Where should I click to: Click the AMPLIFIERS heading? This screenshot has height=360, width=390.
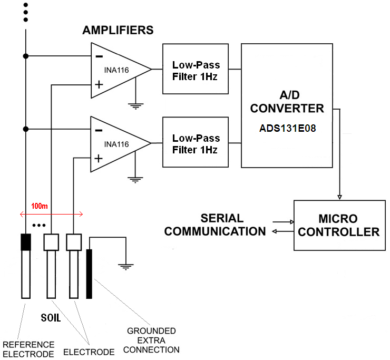click(118, 30)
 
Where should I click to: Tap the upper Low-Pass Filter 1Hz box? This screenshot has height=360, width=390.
click(196, 69)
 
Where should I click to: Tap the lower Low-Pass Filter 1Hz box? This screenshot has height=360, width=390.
click(196, 143)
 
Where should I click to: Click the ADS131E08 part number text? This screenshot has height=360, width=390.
click(287, 128)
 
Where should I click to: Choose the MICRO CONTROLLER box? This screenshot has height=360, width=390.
click(338, 225)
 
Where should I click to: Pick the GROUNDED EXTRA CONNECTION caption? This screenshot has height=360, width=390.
click(153, 340)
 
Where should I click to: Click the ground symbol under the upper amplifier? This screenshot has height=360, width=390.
click(136, 105)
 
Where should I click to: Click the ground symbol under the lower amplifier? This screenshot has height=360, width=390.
click(136, 179)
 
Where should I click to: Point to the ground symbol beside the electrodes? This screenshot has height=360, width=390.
click(125, 266)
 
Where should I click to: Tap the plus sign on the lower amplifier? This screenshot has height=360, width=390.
click(98, 158)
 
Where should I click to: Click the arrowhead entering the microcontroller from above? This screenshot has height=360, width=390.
click(339, 197)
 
